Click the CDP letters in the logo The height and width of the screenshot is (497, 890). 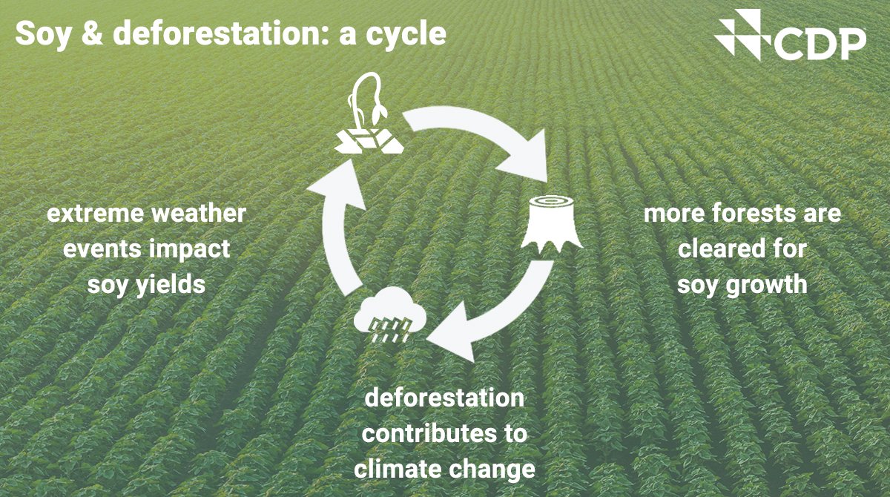coord(820,45)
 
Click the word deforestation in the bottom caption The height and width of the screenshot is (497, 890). coord(444,398)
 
